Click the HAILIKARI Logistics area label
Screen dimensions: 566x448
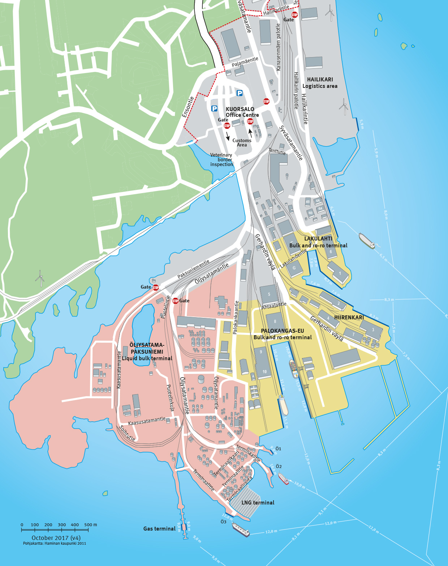(320, 83)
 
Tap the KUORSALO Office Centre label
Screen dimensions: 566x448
(242, 112)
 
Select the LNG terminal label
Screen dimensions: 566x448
(258, 503)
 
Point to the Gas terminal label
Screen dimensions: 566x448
(159, 529)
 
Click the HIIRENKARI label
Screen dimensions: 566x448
(349, 318)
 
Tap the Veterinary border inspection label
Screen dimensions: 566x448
(221, 159)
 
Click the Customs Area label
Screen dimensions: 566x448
(242, 142)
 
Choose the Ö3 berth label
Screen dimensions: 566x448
(223, 522)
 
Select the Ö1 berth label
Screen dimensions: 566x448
(278, 449)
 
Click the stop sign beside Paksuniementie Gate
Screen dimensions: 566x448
(156, 288)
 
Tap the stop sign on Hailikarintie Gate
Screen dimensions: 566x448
(294, 15)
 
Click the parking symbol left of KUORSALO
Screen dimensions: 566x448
(214, 108)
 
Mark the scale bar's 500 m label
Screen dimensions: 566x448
(90, 525)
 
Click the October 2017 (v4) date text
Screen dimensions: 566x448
(56, 538)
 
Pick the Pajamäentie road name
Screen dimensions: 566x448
(245, 62)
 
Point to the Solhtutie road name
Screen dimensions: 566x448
(127, 433)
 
